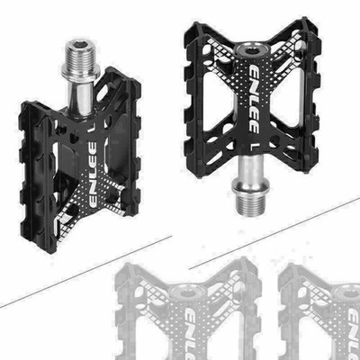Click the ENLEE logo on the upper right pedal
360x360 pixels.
[254, 99]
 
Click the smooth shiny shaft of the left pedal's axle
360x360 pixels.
[80, 96]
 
